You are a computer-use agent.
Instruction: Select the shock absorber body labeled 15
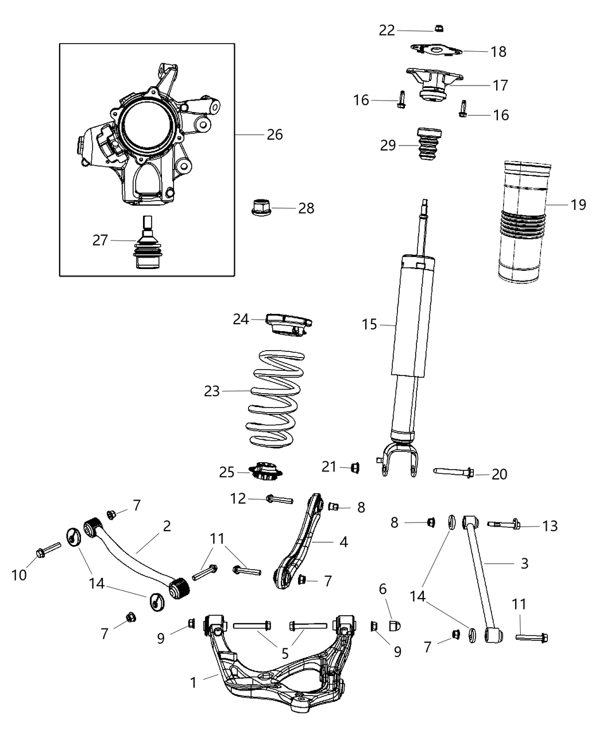(409, 322)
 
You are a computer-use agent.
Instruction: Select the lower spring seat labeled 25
(266, 472)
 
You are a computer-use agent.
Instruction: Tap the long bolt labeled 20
(453, 472)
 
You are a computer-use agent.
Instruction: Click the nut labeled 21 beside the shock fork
(354, 467)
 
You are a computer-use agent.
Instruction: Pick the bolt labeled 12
(279, 499)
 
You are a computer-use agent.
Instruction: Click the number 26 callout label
(275, 135)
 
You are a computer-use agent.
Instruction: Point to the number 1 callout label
(194, 682)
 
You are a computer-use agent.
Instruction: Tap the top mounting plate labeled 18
(437, 51)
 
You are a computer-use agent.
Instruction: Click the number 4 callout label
(343, 542)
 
